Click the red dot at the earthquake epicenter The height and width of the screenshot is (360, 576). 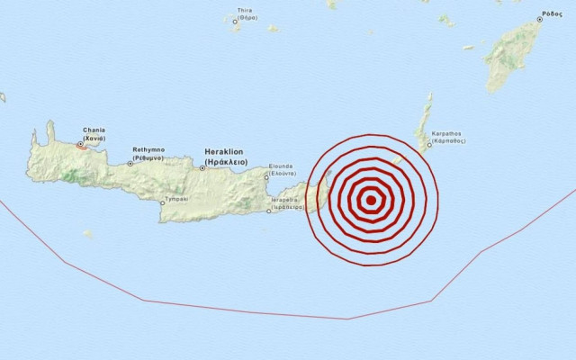pos(371,202)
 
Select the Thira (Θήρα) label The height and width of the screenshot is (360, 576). pos(243,13)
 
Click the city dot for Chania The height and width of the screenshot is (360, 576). pos(80,144)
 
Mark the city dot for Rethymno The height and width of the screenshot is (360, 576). pos(130,163)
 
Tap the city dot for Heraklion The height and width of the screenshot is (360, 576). pos(201,166)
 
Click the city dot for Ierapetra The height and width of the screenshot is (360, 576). pos(271,212)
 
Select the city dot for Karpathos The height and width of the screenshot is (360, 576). pos(427,149)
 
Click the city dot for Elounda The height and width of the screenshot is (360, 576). pos(266,177)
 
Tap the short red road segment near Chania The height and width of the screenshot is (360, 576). pos(83,148)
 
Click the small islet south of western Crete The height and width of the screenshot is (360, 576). pos(87,234)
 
